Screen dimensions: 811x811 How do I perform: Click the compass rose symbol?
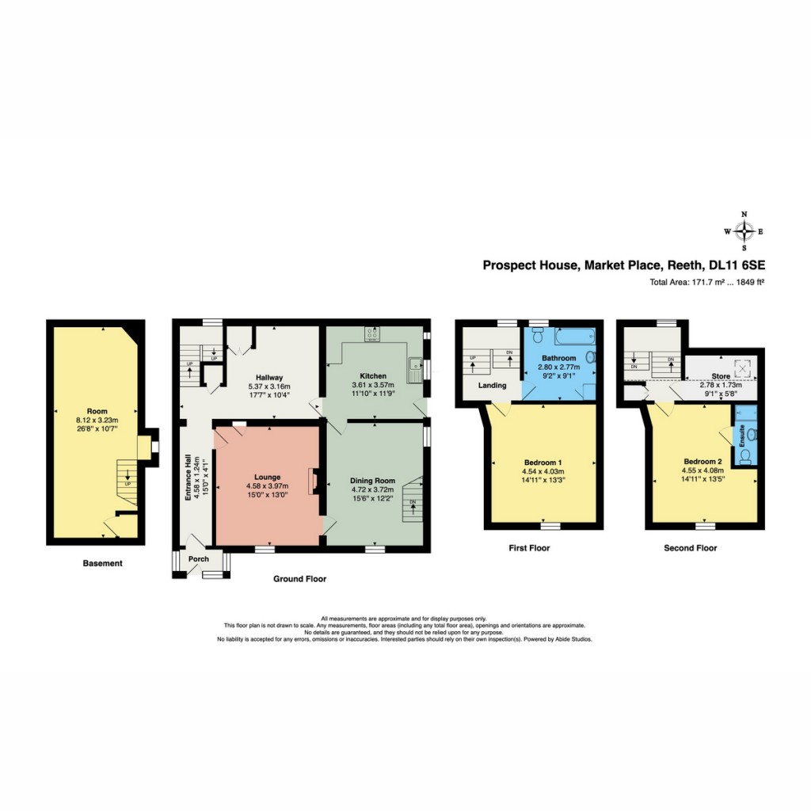point(744,231)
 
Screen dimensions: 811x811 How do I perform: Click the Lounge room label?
point(267,477)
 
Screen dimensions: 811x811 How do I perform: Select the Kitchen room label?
point(373,375)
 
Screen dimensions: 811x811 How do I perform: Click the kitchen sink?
point(413,365)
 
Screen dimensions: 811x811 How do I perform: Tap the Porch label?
point(198,559)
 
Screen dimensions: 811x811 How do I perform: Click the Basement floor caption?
point(103,564)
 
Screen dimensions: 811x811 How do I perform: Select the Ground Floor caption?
point(299,579)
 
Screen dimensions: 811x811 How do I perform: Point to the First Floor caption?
point(530,548)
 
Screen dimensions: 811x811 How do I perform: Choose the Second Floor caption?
point(690,548)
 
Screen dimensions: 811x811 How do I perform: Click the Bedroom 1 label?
point(543,463)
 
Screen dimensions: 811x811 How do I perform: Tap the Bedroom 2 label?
point(704,461)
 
